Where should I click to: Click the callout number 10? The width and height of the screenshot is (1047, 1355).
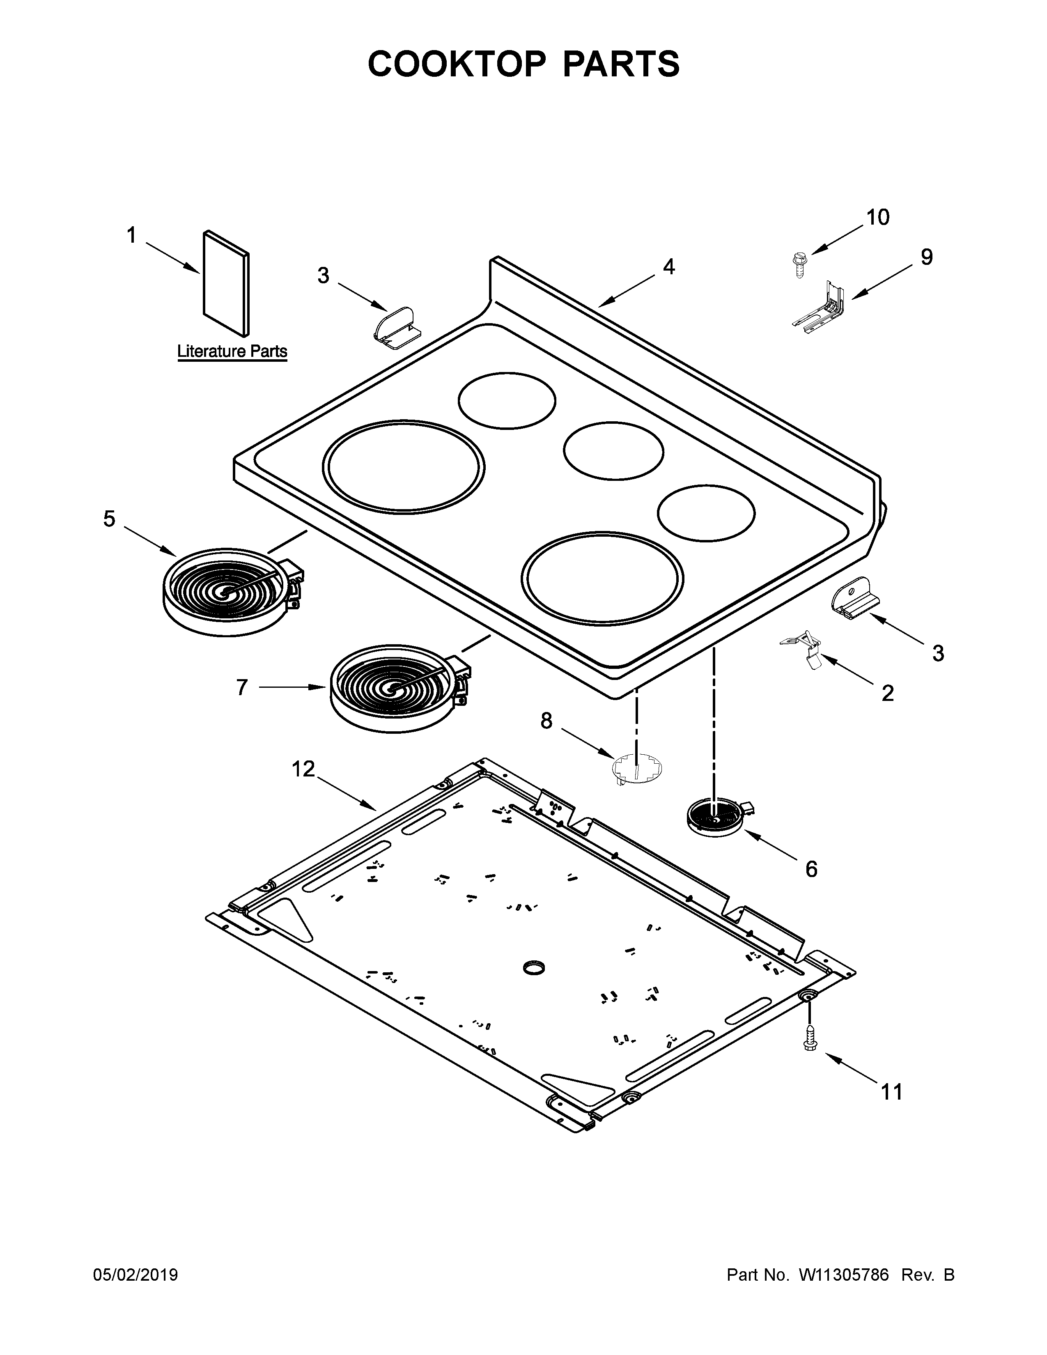[877, 217]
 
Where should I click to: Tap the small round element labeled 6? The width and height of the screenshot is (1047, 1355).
[716, 819]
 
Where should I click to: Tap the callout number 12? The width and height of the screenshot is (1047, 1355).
[304, 769]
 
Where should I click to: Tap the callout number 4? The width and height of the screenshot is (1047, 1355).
[668, 267]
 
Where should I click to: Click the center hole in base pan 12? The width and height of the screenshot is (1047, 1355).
[533, 967]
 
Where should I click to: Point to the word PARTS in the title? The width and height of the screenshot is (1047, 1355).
[620, 64]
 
